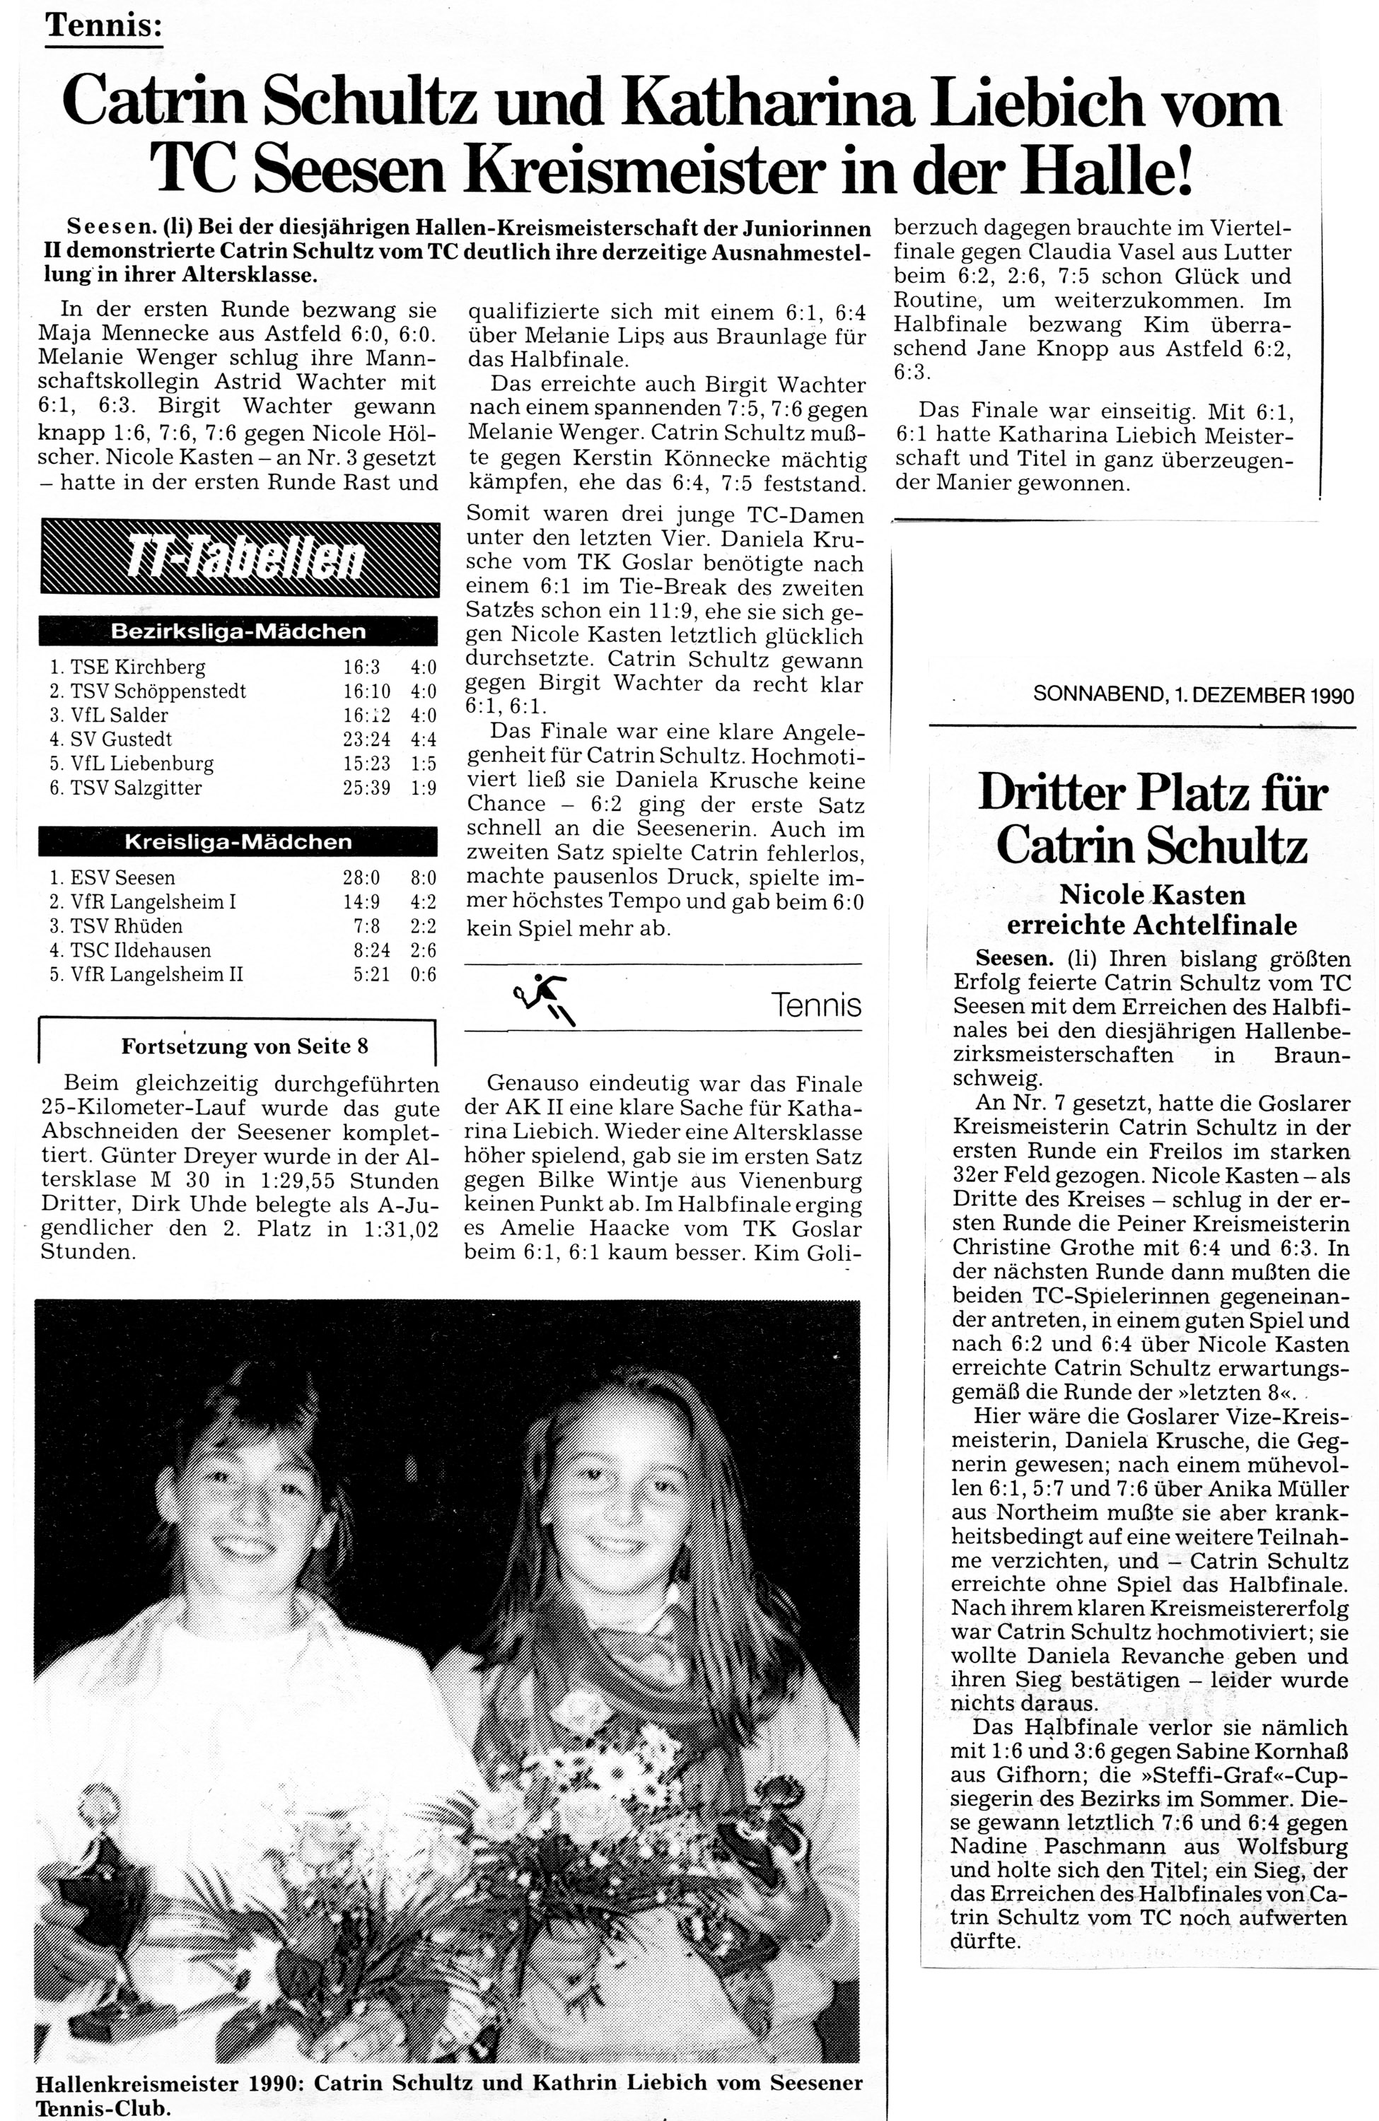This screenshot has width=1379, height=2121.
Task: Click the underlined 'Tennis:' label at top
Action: tap(103, 26)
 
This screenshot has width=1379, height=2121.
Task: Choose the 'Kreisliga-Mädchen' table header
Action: tap(238, 841)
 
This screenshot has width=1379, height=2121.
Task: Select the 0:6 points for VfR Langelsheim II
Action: tap(424, 974)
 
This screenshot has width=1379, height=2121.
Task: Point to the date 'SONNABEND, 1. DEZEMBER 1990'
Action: tap(1193, 695)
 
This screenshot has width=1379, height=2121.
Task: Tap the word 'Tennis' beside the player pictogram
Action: tap(817, 1005)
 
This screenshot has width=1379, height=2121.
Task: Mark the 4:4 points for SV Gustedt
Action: tap(424, 740)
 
